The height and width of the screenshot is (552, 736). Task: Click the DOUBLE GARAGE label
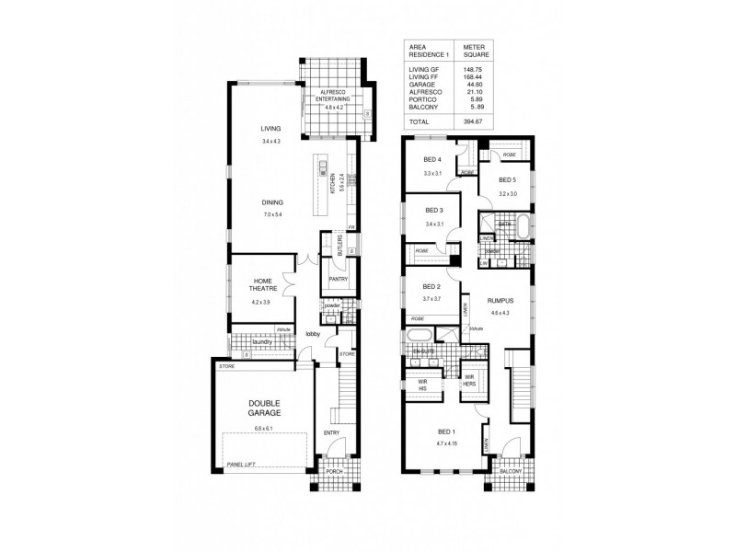[263, 408]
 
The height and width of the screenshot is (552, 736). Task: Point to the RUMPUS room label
[500, 301]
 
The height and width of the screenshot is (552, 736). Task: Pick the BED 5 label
[508, 180]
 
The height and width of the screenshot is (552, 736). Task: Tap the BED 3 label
[434, 211]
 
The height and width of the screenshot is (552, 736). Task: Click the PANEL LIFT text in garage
[240, 466]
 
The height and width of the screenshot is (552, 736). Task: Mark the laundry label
[259, 342]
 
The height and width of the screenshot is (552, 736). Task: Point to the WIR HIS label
[424, 385]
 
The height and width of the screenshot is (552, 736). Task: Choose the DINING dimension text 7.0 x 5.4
[271, 214]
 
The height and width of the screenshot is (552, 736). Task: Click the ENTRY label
[331, 431]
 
